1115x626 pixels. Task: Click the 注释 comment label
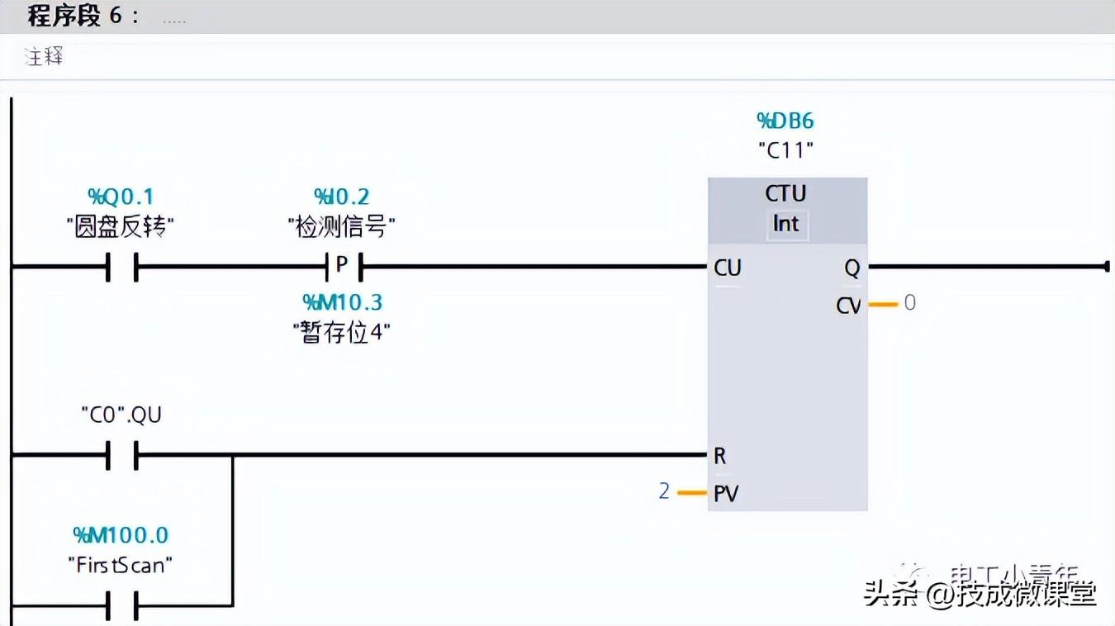point(44,57)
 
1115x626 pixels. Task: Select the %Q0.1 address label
point(121,197)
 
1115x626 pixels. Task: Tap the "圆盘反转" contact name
point(121,226)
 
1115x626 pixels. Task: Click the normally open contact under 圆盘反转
point(121,267)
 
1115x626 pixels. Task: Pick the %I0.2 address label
point(341,197)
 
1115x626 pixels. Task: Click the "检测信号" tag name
point(341,226)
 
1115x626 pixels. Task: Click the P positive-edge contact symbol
point(341,266)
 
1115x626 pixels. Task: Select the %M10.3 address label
point(341,302)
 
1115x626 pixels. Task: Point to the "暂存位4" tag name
point(341,332)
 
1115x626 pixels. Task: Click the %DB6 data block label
point(785,121)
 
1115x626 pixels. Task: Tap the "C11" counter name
point(785,150)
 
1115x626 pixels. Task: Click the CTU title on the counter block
point(785,193)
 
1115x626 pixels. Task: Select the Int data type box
point(785,224)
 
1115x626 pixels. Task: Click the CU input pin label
point(728,268)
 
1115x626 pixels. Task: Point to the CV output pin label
point(848,306)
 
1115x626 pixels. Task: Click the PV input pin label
point(726,494)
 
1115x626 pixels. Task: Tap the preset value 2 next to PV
point(664,491)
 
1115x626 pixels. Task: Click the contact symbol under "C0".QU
point(121,454)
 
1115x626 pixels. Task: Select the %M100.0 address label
point(121,535)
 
